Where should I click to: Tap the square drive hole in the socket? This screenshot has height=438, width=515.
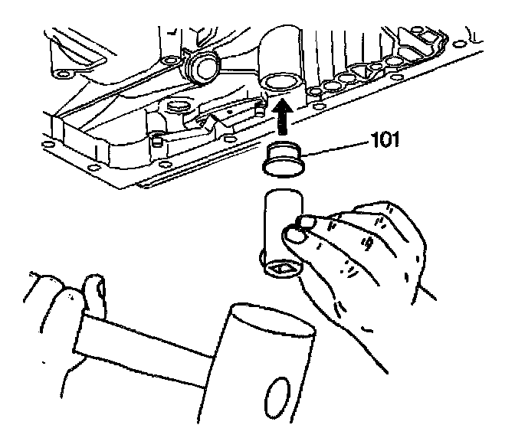(279, 269)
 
